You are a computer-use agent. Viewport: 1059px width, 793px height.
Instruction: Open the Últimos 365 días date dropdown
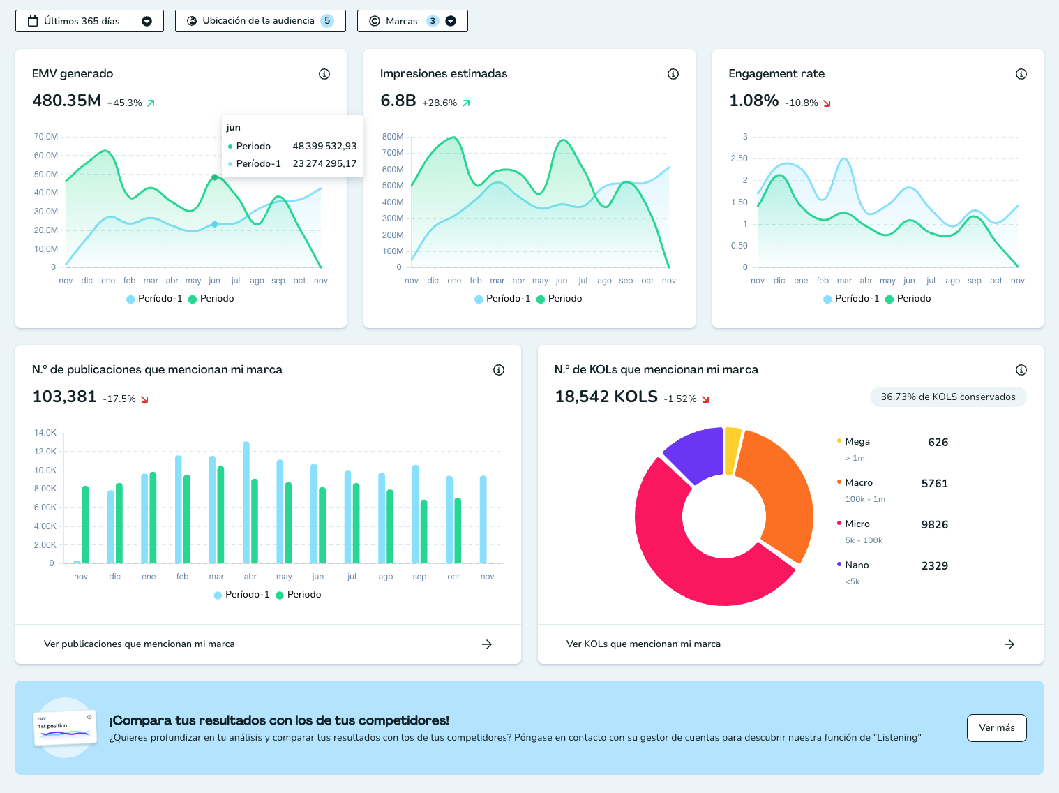(x=89, y=21)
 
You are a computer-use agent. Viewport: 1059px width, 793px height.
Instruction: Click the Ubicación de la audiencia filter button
(x=260, y=21)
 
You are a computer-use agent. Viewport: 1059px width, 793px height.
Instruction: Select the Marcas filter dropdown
(x=412, y=21)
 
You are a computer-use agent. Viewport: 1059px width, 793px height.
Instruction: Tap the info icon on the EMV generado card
(x=324, y=74)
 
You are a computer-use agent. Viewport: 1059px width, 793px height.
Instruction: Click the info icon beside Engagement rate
(x=1021, y=74)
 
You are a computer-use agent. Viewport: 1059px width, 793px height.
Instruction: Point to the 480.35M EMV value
(x=66, y=101)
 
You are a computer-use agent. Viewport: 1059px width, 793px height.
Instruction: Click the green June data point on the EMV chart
(x=215, y=177)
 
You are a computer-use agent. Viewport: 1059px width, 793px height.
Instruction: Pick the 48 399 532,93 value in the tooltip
(x=324, y=146)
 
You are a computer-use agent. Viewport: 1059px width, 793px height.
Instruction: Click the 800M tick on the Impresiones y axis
(x=393, y=137)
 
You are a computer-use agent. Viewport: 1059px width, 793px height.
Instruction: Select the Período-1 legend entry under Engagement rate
(x=851, y=298)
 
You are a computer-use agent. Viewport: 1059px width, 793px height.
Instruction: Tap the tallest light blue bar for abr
(x=246, y=503)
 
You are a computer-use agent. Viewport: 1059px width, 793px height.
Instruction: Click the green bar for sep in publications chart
(x=424, y=531)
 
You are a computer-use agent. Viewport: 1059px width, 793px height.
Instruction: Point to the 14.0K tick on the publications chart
(x=45, y=433)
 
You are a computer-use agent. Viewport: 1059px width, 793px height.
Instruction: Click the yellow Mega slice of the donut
(x=732, y=450)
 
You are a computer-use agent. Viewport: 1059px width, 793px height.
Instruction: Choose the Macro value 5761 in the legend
(x=935, y=483)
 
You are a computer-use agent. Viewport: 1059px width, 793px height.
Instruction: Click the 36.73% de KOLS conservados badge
(x=948, y=396)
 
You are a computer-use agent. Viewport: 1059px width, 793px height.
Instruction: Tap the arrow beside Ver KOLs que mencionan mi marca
(x=1009, y=644)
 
